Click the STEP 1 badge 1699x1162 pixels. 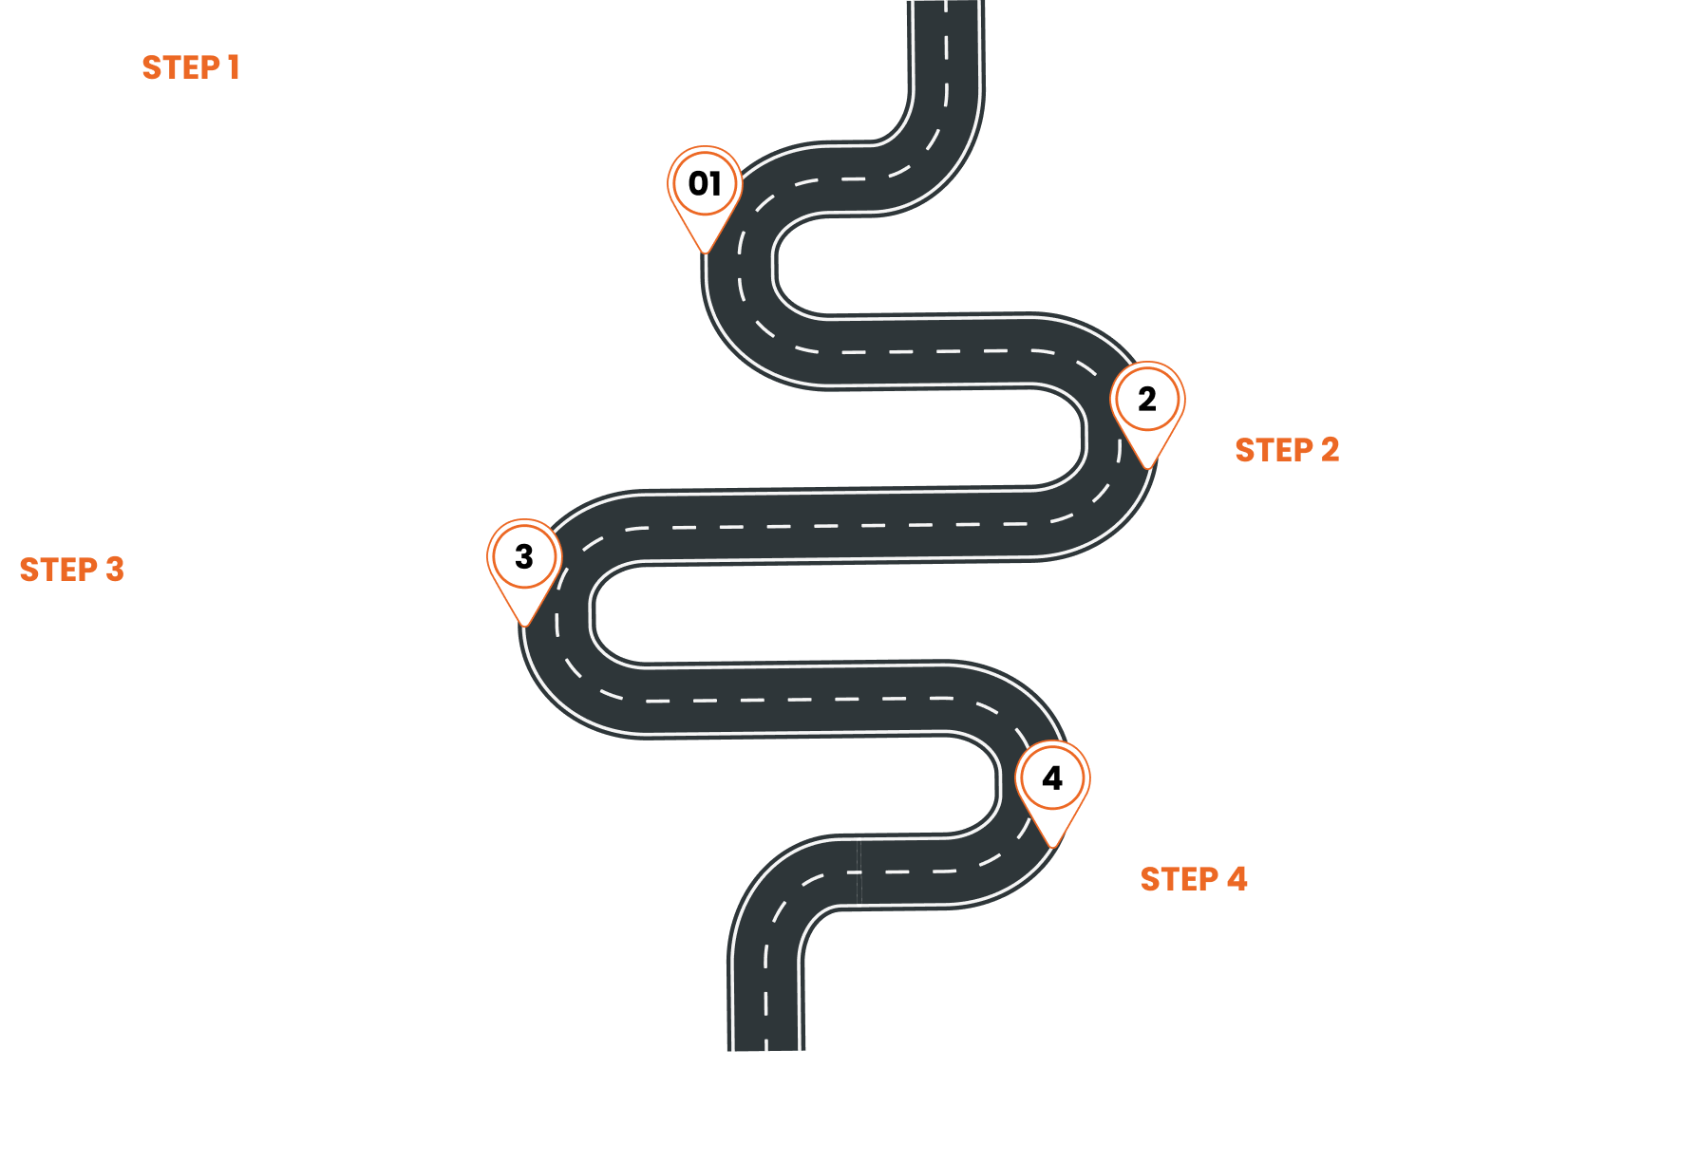click(x=190, y=67)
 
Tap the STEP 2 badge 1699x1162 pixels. click(x=1286, y=449)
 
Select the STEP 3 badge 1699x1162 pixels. click(x=71, y=569)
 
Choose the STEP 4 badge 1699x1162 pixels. click(x=1193, y=878)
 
